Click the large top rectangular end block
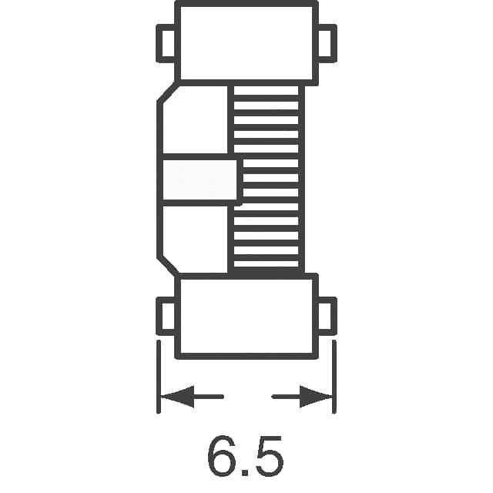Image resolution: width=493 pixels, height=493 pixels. point(246,42)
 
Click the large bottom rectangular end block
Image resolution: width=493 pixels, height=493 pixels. point(246,316)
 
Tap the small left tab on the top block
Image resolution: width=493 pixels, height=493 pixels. point(166,43)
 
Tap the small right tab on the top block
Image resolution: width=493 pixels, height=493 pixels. point(327,43)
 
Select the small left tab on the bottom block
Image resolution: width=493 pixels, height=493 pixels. point(167,316)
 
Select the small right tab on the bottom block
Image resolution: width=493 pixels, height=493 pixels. point(327,316)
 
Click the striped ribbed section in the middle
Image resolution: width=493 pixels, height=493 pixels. point(266,177)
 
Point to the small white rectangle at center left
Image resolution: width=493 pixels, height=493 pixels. point(198,182)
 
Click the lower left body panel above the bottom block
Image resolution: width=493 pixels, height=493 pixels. point(196,239)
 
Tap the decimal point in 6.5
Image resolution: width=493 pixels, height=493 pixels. point(246,471)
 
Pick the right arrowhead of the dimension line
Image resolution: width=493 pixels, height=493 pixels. point(317,397)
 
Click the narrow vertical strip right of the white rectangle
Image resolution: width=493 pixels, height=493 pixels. point(239,182)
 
